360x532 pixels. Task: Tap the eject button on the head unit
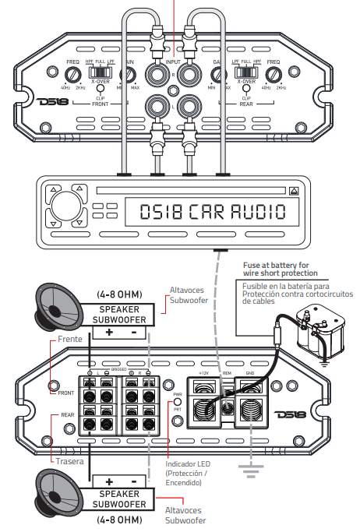click(293, 190)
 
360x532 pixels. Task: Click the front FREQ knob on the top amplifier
click(73, 75)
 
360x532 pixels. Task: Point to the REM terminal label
click(227, 374)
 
